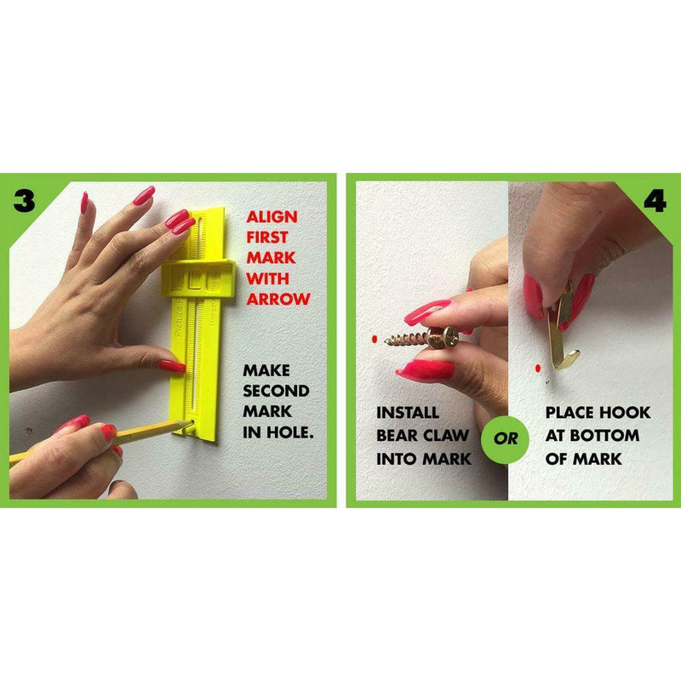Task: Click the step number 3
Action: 24,201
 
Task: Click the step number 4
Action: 655,201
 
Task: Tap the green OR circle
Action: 505,439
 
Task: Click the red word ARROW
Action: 278,299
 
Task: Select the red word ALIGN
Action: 272,217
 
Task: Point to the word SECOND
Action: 276,391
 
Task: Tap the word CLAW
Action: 444,435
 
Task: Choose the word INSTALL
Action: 408,412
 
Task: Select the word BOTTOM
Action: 604,435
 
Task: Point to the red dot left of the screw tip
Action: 375,339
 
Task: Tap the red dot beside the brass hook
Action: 538,369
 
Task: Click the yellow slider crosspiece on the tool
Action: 198,278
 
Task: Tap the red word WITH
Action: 267,278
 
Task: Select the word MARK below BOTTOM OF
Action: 597,459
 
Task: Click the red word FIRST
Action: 267,237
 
